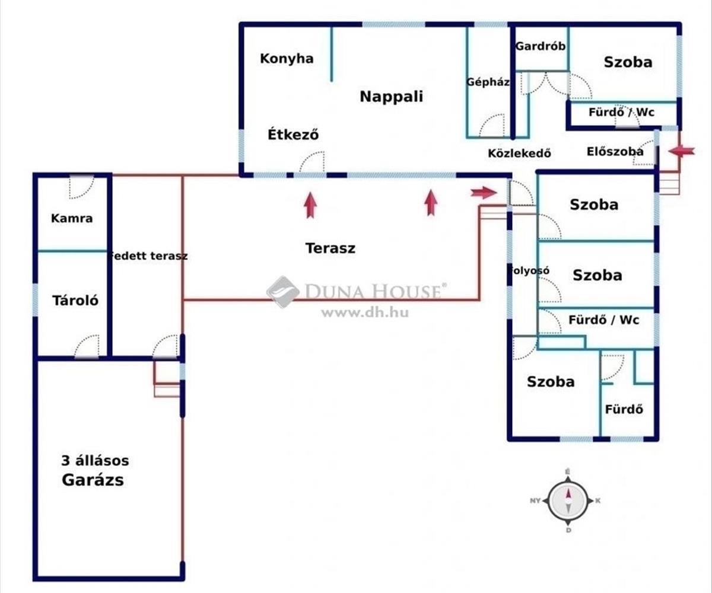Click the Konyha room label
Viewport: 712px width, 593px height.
click(287, 59)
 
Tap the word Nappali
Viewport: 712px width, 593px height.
click(392, 97)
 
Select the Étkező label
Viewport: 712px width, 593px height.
click(293, 135)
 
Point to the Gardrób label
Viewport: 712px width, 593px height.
click(540, 46)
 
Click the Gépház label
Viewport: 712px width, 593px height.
click(488, 82)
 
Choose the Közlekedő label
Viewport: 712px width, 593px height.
click(519, 152)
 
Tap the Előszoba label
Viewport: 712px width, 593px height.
click(615, 152)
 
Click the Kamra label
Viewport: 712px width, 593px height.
click(72, 218)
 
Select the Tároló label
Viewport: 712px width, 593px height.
click(75, 300)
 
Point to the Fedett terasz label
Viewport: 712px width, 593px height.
click(148, 256)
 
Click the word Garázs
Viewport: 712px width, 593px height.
click(93, 480)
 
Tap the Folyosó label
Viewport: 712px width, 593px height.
click(528, 270)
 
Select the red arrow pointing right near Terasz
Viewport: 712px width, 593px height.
click(484, 192)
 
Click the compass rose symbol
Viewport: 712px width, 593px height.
click(568, 500)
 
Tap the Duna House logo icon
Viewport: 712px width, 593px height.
click(282, 292)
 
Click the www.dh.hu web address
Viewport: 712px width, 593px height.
click(365, 313)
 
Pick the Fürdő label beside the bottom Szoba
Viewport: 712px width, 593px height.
click(624, 409)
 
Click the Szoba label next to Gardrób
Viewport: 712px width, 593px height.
click(628, 62)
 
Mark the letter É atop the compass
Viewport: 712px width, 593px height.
click(568, 471)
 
